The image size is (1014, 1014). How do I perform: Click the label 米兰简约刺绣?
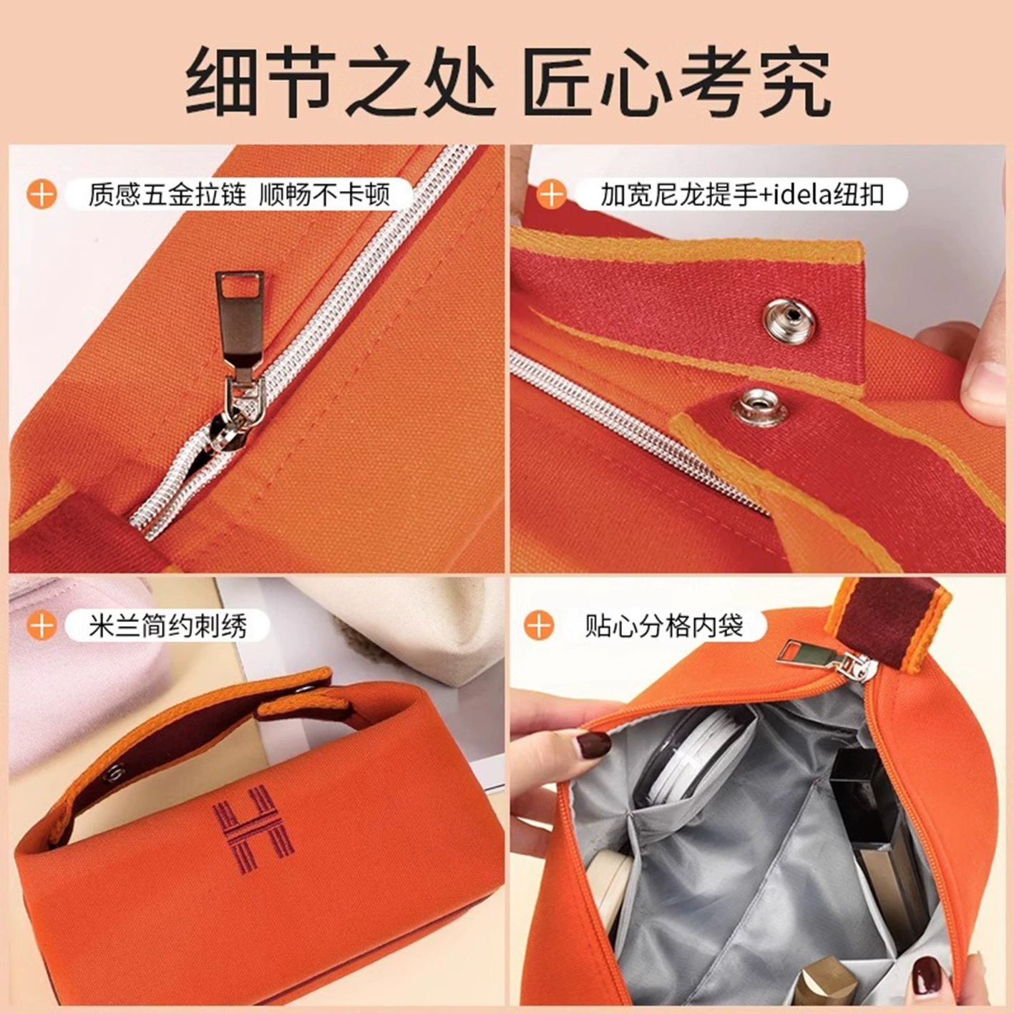[167, 625]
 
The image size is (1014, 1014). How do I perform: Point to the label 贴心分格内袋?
[663, 625]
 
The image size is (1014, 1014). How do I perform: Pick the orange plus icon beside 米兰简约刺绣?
[41, 625]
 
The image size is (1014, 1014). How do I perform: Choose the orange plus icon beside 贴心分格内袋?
[540, 625]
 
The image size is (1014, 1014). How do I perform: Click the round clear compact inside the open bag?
[687, 754]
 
